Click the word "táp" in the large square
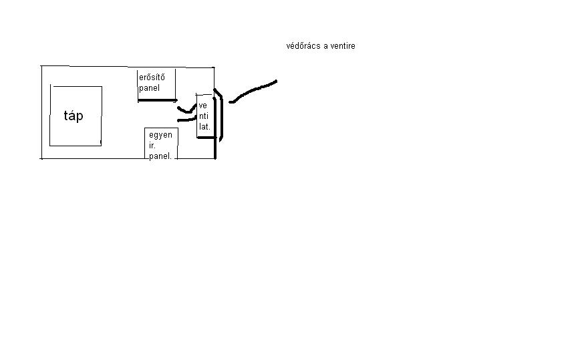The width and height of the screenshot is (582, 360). pos(74,116)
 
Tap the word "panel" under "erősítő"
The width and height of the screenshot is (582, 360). pos(150,87)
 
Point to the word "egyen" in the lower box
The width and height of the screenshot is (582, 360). pos(160,135)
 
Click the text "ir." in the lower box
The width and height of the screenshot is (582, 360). pos(152,145)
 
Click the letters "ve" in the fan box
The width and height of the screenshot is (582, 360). pos(202,106)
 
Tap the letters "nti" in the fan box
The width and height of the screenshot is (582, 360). pos(203,116)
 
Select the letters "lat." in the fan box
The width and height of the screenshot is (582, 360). pos(204,126)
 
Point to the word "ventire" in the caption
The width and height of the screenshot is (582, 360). pos(342,46)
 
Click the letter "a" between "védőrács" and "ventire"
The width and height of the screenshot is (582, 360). pos(325,46)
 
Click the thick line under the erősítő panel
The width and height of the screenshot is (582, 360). pos(158,100)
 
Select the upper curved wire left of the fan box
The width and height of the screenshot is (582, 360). pos(185,109)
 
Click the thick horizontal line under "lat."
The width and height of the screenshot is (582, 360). pos(206,138)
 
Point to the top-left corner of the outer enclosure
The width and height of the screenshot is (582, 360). pos(41,66)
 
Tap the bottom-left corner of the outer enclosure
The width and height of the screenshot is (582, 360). pos(41,158)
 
